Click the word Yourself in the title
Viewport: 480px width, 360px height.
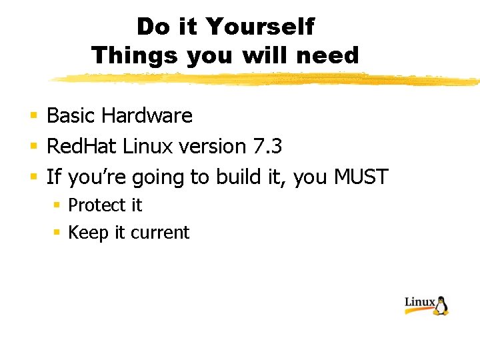click(260, 27)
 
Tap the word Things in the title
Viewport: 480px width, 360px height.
click(135, 55)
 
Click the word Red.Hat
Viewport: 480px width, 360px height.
click(82, 146)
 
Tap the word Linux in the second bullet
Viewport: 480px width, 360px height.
click(148, 146)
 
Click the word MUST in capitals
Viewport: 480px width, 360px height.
click(361, 177)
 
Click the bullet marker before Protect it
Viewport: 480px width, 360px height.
click(57, 206)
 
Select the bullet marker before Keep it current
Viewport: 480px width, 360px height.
click(57, 233)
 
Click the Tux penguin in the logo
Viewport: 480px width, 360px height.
click(441, 305)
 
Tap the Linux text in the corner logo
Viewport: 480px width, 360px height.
click(420, 302)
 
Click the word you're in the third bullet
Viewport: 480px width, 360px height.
click(98, 177)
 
